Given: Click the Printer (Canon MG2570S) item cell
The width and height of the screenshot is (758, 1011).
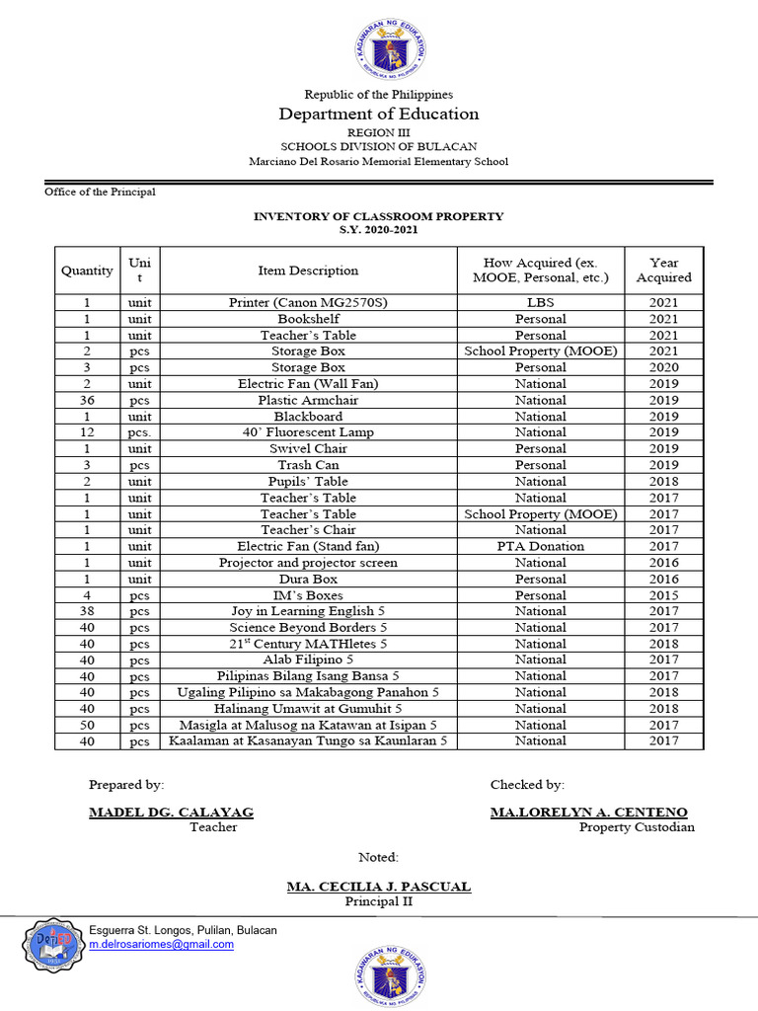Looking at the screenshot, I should (x=308, y=302).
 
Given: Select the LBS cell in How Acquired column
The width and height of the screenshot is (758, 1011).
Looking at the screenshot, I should (x=540, y=302).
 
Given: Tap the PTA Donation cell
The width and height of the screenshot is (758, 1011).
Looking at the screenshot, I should (x=540, y=546).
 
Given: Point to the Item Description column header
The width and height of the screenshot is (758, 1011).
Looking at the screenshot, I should (x=308, y=271).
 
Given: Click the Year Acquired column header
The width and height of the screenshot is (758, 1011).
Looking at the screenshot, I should (x=663, y=271).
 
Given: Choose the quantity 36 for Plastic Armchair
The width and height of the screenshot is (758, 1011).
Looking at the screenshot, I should (x=87, y=400).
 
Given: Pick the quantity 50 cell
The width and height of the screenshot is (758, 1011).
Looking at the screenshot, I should (x=87, y=725).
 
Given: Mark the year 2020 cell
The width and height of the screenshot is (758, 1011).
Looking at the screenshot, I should (x=663, y=367).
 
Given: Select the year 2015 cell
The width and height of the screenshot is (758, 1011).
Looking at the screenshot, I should (x=663, y=595).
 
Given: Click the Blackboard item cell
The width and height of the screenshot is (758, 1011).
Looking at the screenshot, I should (x=308, y=417).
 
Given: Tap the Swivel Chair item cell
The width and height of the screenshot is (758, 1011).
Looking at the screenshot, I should (x=308, y=448).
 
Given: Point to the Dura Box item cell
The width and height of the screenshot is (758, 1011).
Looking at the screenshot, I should (x=308, y=579).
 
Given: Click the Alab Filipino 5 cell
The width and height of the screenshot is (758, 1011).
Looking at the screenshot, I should (x=308, y=660).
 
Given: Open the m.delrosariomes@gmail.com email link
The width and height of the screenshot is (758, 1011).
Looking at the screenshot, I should (x=162, y=945).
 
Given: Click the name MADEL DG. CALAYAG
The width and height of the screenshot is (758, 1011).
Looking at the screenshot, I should (x=171, y=813).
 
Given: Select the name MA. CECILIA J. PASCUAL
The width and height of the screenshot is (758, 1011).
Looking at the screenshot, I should (x=379, y=887).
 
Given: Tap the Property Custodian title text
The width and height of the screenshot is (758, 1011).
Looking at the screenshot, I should (x=637, y=827).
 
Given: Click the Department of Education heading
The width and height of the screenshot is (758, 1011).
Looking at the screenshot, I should (x=379, y=115).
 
